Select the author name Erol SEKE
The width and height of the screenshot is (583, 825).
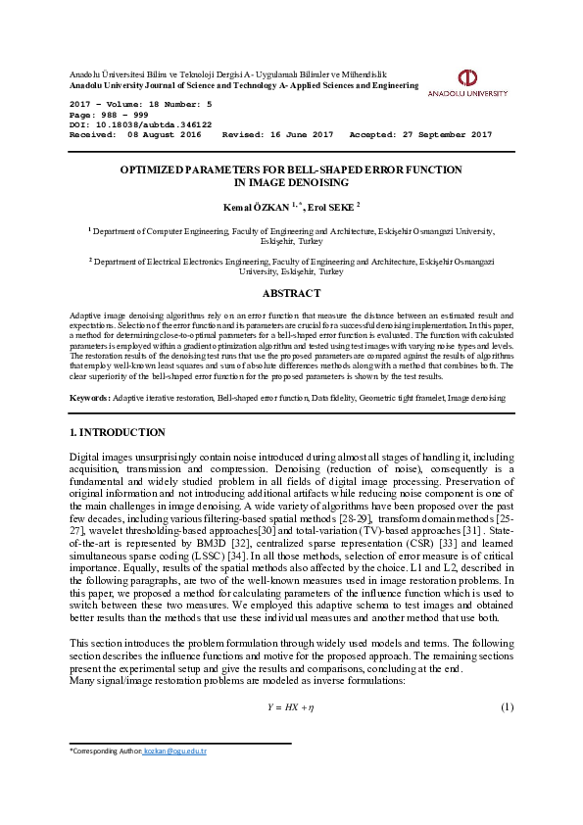pyautogui.click(x=332, y=207)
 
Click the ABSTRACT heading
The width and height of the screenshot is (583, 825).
pyautogui.click(x=291, y=293)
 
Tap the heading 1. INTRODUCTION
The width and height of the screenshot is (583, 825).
pyautogui.click(x=117, y=432)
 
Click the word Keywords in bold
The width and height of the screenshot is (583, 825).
pyautogui.click(x=88, y=398)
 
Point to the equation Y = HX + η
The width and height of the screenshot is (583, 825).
pyautogui.click(x=290, y=706)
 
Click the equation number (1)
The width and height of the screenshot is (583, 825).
pyautogui.click(x=507, y=706)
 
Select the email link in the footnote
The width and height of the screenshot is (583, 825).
pyautogui.click(x=174, y=751)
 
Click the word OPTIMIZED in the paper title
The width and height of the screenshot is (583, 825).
pyautogui.click(x=152, y=170)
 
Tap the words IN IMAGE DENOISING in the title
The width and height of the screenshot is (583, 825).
pyautogui.click(x=291, y=182)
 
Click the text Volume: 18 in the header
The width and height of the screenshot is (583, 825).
pyautogui.click(x=143, y=103)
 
